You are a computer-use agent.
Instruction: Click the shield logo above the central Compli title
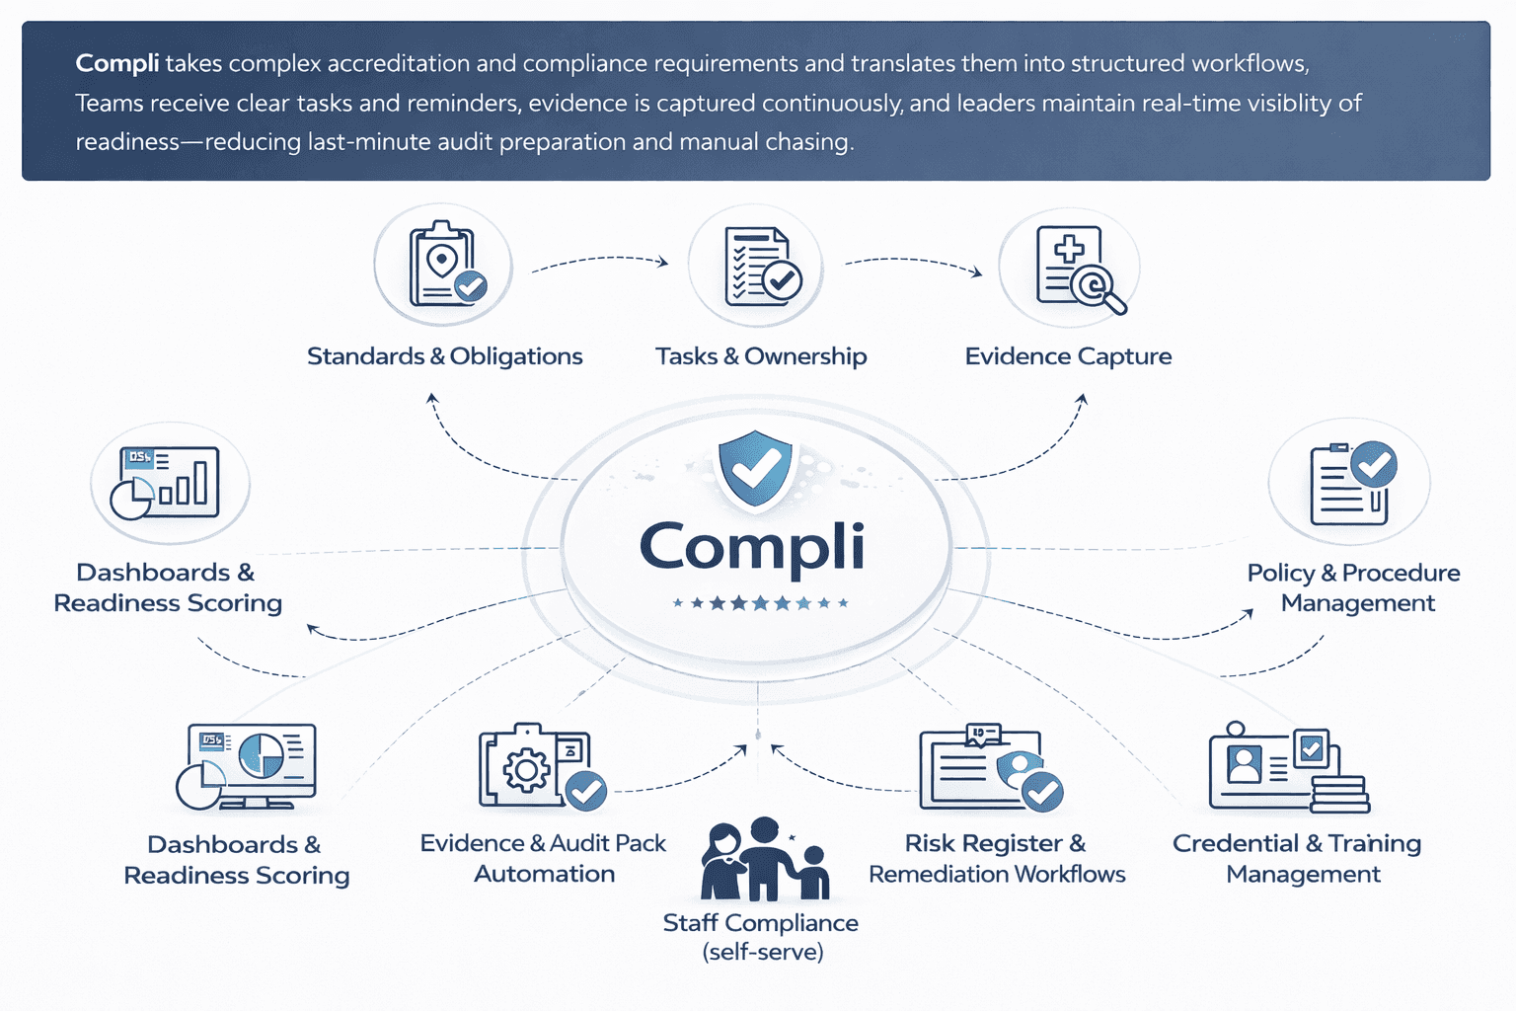pyautogui.click(x=755, y=467)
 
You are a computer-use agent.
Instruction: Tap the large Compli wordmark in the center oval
pyautogui.click(x=752, y=547)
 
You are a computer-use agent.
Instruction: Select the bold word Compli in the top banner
pyautogui.click(x=116, y=63)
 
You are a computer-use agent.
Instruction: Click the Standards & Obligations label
pyautogui.click(x=444, y=356)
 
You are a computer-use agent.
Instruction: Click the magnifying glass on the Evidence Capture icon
pyautogui.click(x=1098, y=288)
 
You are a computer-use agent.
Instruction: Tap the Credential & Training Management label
pyautogui.click(x=1297, y=858)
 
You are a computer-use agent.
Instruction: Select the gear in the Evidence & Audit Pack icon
pyautogui.click(x=527, y=770)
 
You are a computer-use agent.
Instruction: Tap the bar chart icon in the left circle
pyautogui.click(x=168, y=482)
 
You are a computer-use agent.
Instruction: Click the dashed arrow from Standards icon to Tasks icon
pyautogui.click(x=599, y=261)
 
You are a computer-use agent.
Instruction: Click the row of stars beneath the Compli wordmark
pyautogui.click(x=760, y=602)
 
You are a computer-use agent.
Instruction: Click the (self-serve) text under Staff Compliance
pyautogui.click(x=762, y=952)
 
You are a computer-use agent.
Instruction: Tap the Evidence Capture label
pyautogui.click(x=1068, y=356)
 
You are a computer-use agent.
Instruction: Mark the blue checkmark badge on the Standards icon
pyautogui.click(x=470, y=285)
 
